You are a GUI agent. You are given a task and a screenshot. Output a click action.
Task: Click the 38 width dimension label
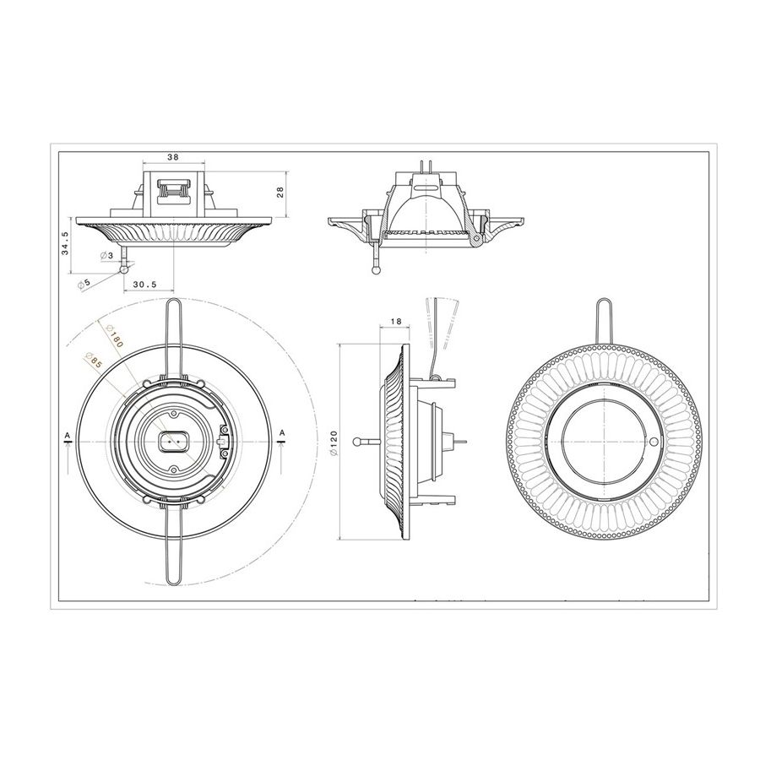pyautogui.click(x=173, y=157)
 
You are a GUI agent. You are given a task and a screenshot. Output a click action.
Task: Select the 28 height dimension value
pyautogui.click(x=280, y=193)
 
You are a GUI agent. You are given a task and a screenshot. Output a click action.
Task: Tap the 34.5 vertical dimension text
pyautogui.click(x=65, y=243)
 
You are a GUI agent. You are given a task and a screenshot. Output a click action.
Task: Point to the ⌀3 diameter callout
pyautogui.click(x=106, y=255)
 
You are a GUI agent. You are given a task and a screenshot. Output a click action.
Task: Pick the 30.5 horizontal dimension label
pyautogui.click(x=145, y=285)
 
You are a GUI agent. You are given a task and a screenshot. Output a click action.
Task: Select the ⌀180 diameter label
pyautogui.click(x=113, y=334)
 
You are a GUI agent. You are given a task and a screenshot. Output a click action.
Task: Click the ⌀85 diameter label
pyautogui.click(x=92, y=360)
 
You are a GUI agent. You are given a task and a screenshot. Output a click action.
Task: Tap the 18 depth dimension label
pyautogui.click(x=395, y=321)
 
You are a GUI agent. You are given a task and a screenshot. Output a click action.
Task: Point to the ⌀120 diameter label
pyautogui.click(x=334, y=442)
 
